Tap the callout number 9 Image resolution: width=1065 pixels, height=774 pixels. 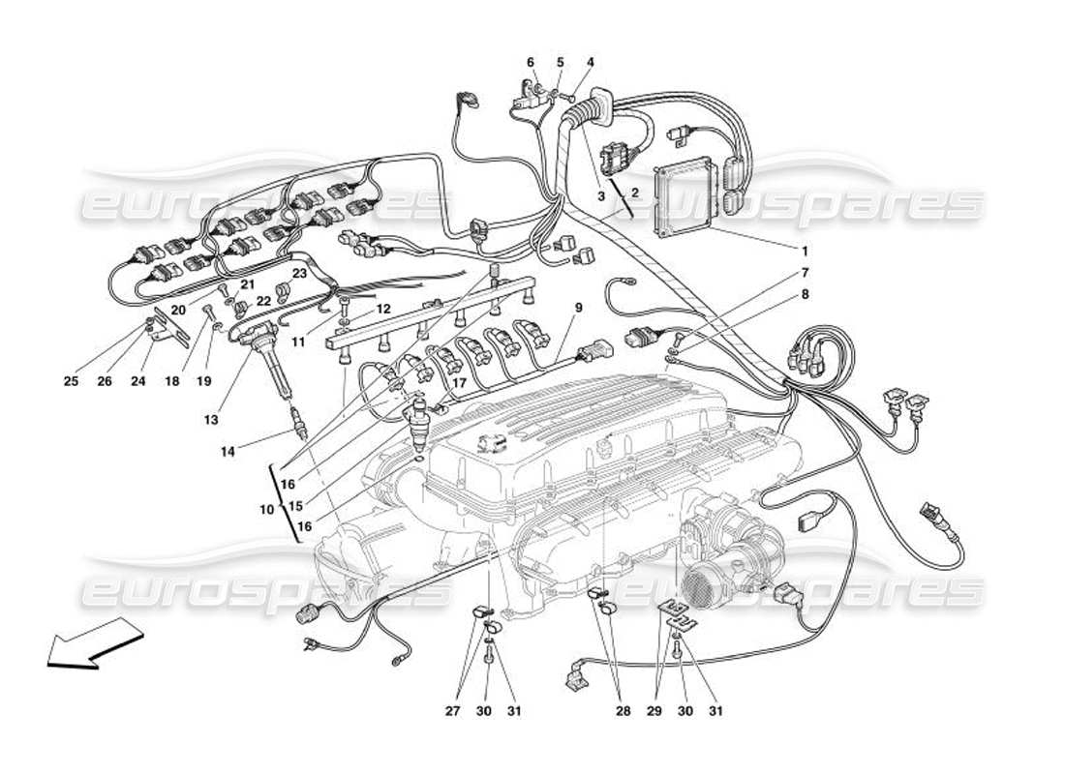point(578,309)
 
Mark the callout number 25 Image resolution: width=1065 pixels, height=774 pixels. point(71,381)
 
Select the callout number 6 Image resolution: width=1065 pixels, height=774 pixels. point(531,63)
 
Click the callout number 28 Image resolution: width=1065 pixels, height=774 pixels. point(623,711)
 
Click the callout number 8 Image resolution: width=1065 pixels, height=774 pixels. point(805,292)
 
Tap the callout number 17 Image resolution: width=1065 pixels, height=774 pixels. point(459,382)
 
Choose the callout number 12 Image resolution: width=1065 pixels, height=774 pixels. point(383,309)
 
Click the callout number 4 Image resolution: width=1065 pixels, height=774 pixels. point(590,63)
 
